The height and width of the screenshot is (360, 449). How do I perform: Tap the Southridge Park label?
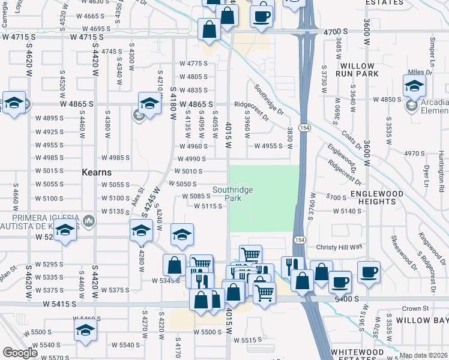pos(232,194)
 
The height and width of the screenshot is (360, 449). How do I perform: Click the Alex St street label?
pos(138,196)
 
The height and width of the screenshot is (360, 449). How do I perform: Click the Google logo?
pos(20,353)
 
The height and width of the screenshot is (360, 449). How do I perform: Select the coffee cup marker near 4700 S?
pos(261,16)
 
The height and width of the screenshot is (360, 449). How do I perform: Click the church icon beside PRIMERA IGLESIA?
pos(89,221)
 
